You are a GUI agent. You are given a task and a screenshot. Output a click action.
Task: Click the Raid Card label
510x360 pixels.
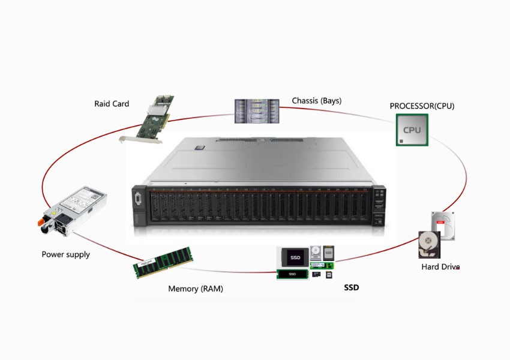(x=112, y=104)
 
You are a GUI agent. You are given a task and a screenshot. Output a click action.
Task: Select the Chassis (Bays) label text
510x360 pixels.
(x=316, y=100)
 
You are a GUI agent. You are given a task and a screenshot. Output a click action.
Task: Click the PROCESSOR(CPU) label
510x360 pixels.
(x=422, y=106)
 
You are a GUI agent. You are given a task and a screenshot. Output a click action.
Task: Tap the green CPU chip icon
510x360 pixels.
(x=412, y=130)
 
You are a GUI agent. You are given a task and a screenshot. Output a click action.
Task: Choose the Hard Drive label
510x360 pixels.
(x=440, y=266)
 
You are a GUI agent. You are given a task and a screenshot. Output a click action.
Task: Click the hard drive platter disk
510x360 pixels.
(x=428, y=244)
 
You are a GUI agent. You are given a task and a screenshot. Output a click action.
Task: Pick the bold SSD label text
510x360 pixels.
(x=352, y=288)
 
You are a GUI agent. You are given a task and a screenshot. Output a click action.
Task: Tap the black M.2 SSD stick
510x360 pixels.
(x=292, y=274)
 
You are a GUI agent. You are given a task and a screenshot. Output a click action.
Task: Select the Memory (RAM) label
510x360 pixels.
(x=196, y=289)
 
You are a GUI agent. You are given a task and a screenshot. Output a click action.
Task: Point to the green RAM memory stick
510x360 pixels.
(x=163, y=262)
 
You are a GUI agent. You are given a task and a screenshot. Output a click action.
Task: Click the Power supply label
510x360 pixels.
(x=65, y=254)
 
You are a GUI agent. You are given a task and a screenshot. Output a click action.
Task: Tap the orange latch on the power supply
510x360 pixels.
(x=46, y=227)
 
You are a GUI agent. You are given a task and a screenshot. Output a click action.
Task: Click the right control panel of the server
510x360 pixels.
(x=379, y=208)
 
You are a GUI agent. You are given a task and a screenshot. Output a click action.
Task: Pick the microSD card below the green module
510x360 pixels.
(x=316, y=275)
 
